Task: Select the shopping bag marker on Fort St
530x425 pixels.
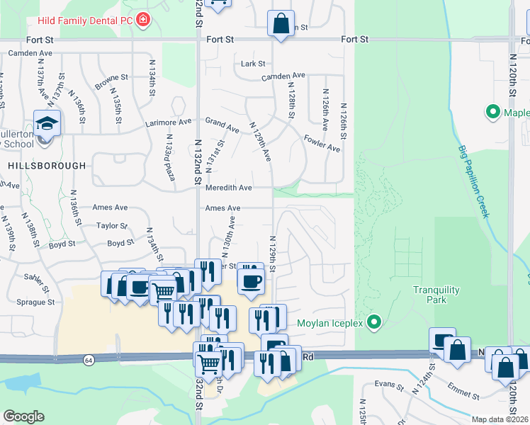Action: pos(281,23)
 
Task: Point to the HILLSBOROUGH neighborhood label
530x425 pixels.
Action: pos(47,166)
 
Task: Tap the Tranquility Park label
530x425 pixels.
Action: pos(436,295)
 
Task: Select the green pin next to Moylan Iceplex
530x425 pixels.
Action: pos(377,324)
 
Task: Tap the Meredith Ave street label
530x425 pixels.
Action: pos(229,188)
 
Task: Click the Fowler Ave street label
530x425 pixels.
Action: pos(322,142)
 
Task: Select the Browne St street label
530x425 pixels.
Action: pos(111,82)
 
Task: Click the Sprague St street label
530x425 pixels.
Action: pos(35,302)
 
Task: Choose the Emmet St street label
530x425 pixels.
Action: pos(464,390)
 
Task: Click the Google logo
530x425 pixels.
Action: pos(23,416)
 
